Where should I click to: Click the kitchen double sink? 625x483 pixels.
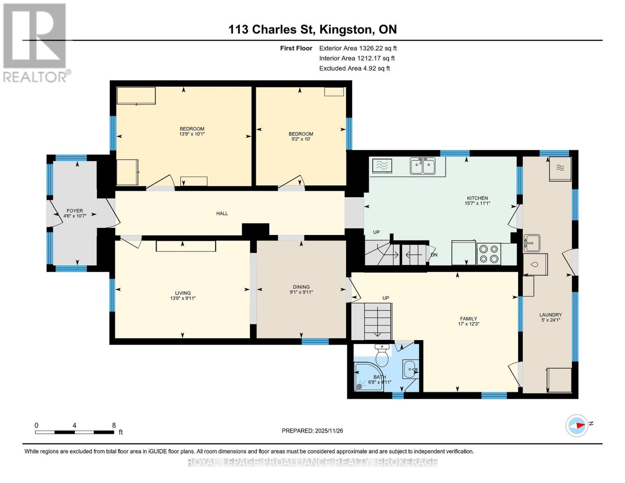(x=423, y=167)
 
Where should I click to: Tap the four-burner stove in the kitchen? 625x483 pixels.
(x=489, y=254)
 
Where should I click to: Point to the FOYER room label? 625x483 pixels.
(x=74, y=211)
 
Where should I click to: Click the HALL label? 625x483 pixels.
(x=222, y=213)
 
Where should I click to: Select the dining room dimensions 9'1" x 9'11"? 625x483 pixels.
(x=301, y=292)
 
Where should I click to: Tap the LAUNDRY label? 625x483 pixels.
(x=551, y=315)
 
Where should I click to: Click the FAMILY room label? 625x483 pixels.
(x=468, y=318)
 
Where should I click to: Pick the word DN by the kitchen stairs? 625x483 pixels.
(x=434, y=255)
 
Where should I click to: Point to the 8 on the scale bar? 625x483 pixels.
(x=114, y=425)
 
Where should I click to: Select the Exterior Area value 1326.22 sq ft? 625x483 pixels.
(x=378, y=48)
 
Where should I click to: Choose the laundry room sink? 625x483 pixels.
(x=532, y=243)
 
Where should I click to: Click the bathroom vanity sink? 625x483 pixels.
(x=410, y=369)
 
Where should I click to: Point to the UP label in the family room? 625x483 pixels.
(x=386, y=298)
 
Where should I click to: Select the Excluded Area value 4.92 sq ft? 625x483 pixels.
(x=372, y=68)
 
